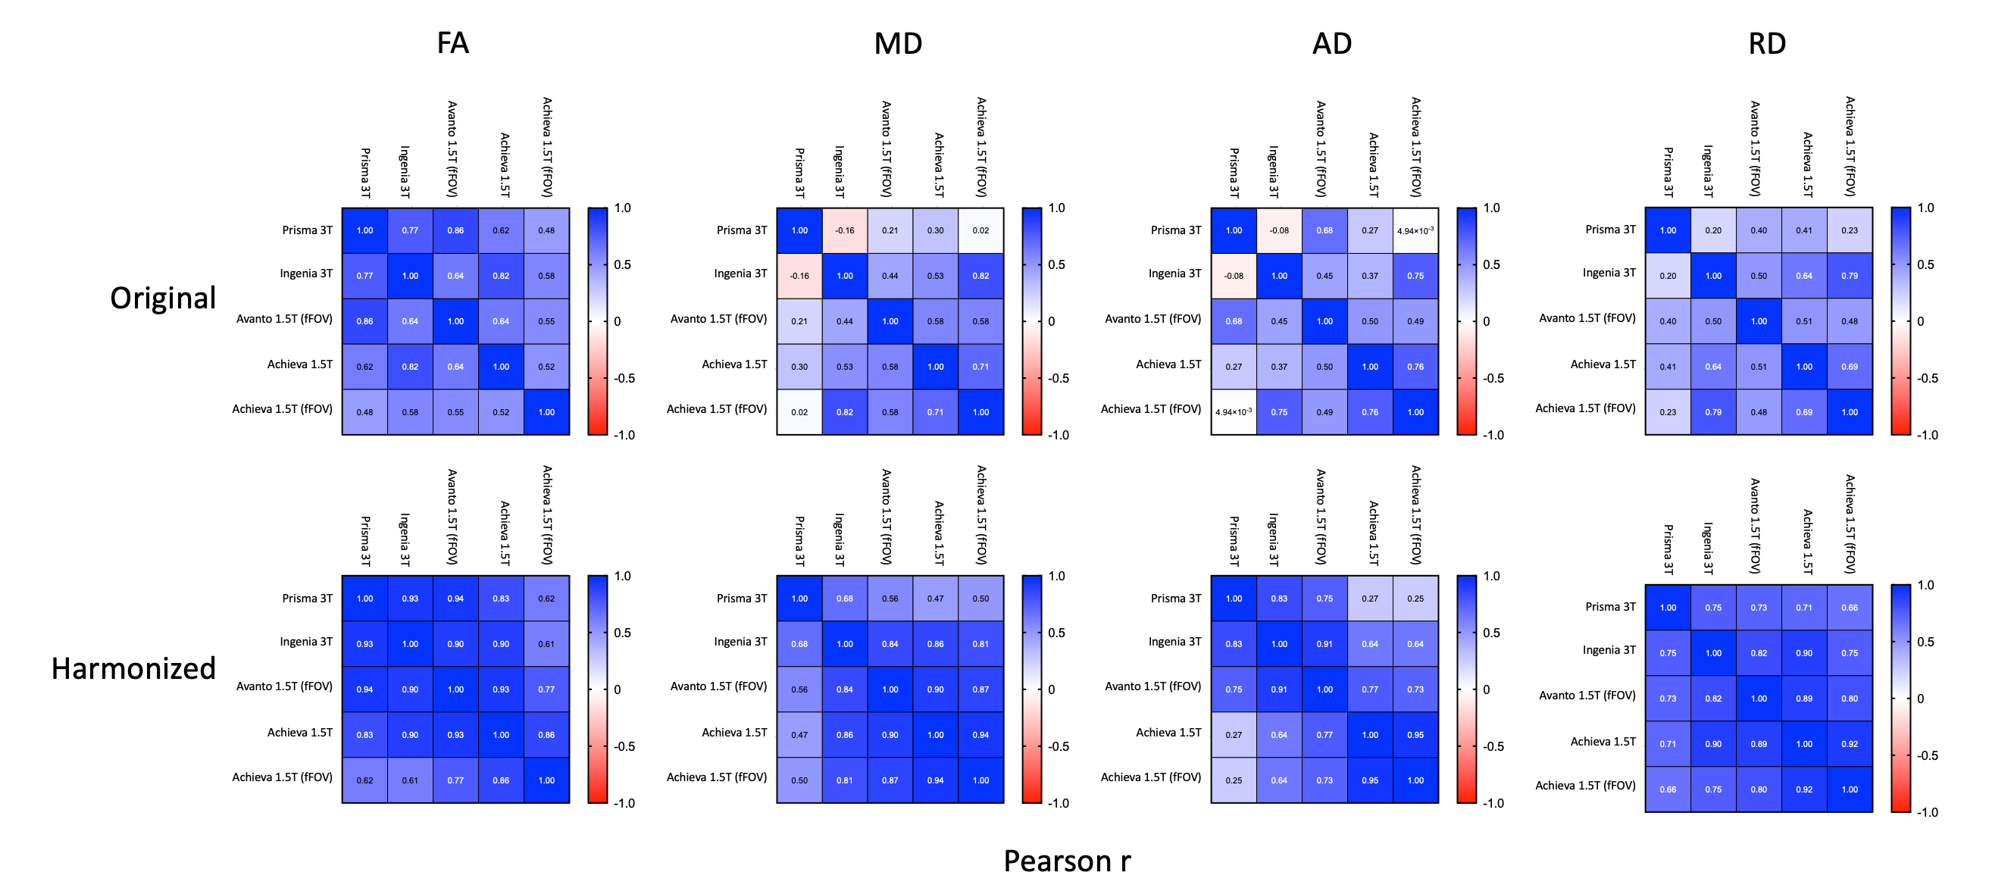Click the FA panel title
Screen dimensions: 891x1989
(x=452, y=43)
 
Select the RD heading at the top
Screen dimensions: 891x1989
(x=1767, y=43)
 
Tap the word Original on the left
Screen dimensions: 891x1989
(x=162, y=298)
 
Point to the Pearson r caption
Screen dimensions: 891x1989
(x=1066, y=861)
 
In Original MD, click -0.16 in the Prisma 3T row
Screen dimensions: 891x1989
(x=845, y=231)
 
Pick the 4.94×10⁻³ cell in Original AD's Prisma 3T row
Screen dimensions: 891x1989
(x=1415, y=231)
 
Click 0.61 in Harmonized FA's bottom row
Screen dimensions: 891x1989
(x=410, y=780)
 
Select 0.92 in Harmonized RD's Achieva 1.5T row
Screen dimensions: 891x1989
(x=1850, y=744)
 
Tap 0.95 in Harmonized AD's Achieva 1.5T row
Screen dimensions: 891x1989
(x=1415, y=735)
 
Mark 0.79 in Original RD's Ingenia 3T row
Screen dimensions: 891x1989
(x=1850, y=276)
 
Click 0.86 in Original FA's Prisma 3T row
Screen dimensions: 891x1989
(x=455, y=231)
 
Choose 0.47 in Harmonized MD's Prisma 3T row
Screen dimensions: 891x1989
(x=935, y=599)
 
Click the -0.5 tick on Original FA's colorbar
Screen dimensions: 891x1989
(x=624, y=378)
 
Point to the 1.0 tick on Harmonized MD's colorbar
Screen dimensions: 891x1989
(x=1056, y=576)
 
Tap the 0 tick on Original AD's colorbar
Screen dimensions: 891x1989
(x=1486, y=321)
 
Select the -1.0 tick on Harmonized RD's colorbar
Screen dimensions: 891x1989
(x=1927, y=812)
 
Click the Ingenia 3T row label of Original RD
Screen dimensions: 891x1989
(x=1609, y=273)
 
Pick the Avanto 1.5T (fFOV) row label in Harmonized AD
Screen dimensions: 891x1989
(x=1152, y=686)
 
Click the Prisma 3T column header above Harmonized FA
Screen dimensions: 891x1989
(x=365, y=540)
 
